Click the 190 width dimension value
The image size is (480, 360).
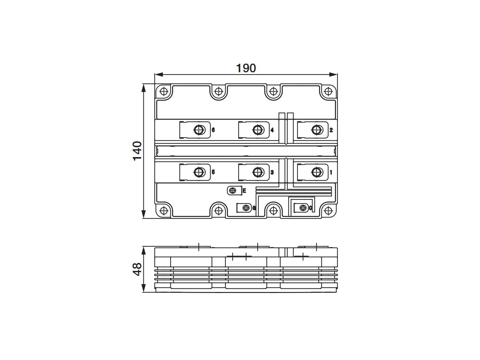[x=246, y=68]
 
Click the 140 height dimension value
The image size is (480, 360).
[x=137, y=151]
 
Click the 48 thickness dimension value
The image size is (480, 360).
[x=137, y=269]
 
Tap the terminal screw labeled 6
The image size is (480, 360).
[x=199, y=130]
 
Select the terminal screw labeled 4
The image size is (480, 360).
[x=257, y=130]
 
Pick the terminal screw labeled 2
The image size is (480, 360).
[x=316, y=130]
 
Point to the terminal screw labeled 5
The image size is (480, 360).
[x=199, y=172]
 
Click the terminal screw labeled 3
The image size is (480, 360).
[x=257, y=172]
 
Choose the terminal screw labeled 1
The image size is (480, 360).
[x=316, y=172]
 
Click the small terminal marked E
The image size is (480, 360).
[x=233, y=191]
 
